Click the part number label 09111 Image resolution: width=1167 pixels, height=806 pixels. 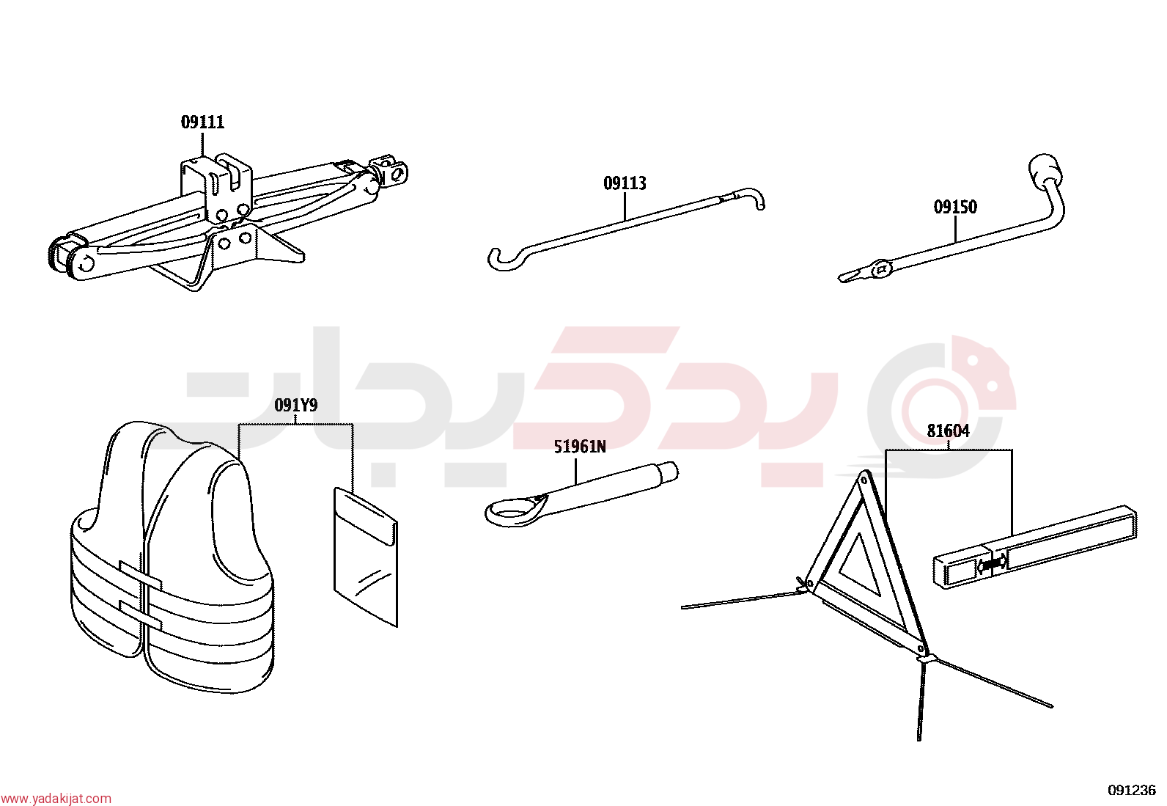[x=202, y=122]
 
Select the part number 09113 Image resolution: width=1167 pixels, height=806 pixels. [x=625, y=183]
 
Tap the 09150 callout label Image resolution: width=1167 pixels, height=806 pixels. [x=955, y=207]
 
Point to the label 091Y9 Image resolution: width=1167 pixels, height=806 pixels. [x=296, y=405]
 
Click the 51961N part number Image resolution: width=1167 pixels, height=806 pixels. [x=579, y=447]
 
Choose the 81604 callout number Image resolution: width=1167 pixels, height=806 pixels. [x=948, y=431]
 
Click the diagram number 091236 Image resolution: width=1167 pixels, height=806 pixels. [x=1132, y=790]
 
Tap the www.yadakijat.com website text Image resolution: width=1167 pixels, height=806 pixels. [x=56, y=799]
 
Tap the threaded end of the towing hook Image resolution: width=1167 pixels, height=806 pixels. [x=669, y=472]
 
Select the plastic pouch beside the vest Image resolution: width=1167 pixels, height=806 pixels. [x=365, y=557]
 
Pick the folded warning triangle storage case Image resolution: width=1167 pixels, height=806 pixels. [x=1034, y=547]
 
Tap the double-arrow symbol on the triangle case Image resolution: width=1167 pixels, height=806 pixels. [x=993, y=563]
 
